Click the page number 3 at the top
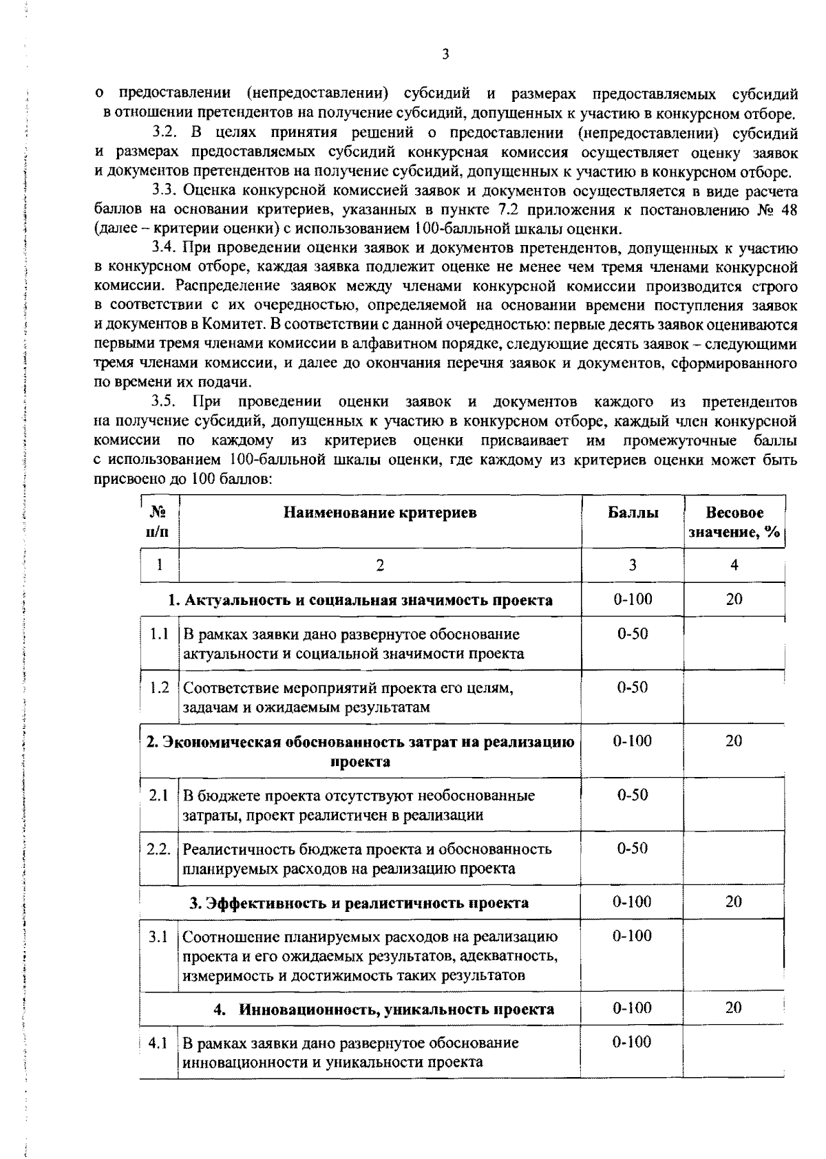point(445,54)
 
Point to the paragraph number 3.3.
point(166,191)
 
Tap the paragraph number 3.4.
point(166,248)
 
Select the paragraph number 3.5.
point(166,401)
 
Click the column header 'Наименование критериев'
point(380,513)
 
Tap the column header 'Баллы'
point(632,513)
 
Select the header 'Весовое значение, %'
point(734,522)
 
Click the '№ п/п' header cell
point(158,522)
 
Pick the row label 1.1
point(158,634)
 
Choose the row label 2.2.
point(158,849)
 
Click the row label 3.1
point(158,937)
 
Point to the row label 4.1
point(158,1043)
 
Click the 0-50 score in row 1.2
point(632,688)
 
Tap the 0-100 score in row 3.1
point(632,936)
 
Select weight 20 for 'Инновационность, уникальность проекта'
point(734,1008)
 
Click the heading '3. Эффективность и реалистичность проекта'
point(359,903)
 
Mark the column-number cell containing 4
point(734,565)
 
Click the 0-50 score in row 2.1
point(632,795)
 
